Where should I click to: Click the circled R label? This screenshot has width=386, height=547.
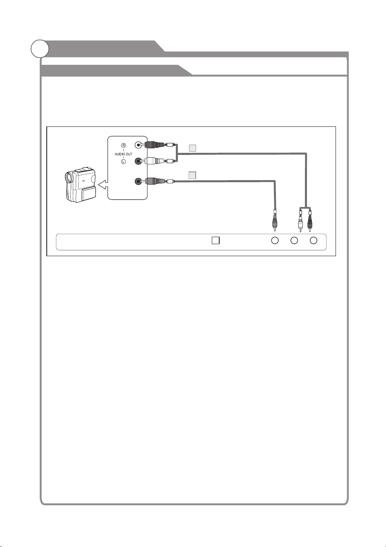pyautogui.click(x=124, y=145)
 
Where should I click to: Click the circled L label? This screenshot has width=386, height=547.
pyautogui.click(x=124, y=162)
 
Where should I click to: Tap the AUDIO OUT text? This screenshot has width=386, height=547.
pyautogui.click(x=124, y=154)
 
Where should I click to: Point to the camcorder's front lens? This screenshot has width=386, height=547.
pyautogui.click(x=69, y=178)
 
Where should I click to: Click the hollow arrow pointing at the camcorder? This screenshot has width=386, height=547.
pyautogui.click(x=103, y=185)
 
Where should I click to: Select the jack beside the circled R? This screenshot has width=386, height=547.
pyautogui.click(x=138, y=145)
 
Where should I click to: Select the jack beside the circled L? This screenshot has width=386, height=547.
pyautogui.click(x=139, y=161)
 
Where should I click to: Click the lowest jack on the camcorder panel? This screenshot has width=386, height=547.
pyautogui.click(x=139, y=181)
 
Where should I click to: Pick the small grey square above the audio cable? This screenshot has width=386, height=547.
pyautogui.click(x=192, y=148)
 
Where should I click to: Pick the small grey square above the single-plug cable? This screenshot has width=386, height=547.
pyautogui.click(x=192, y=175)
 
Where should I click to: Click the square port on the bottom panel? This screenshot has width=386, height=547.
pyautogui.click(x=216, y=240)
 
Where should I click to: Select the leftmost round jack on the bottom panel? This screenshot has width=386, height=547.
pyautogui.click(x=275, y=240)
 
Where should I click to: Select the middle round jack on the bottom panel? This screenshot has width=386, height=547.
pyautogui.click(x=294, y=240)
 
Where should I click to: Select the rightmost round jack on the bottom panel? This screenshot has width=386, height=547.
pyautogui.click(x=313, y=240)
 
